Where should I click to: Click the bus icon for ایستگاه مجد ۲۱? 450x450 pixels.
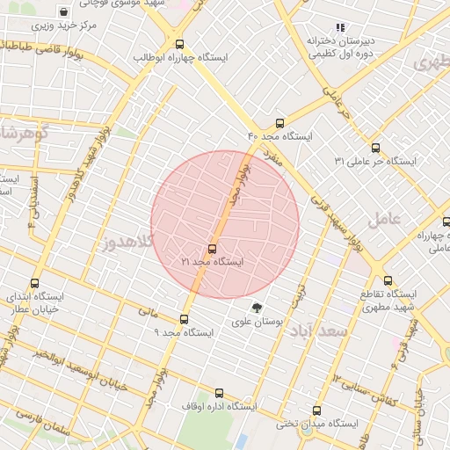212,249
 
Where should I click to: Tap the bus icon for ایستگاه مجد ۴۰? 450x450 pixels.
279,123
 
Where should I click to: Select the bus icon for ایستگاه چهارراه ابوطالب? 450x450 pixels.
180,44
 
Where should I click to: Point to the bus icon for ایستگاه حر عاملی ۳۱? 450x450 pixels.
376,148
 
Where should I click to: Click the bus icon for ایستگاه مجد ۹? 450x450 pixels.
184,319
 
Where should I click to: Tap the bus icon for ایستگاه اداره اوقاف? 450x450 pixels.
219,394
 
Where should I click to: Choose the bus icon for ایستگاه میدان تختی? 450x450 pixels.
316,410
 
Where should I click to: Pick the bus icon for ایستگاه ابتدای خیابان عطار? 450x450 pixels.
35,283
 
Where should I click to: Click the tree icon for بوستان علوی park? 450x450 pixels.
257,308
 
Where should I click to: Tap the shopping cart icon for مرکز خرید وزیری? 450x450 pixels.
64,12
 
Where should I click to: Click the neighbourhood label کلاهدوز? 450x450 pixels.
127,240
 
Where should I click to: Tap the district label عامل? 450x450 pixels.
384,218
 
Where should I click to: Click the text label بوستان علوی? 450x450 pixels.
257,323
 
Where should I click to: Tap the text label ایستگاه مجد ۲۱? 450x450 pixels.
212,262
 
